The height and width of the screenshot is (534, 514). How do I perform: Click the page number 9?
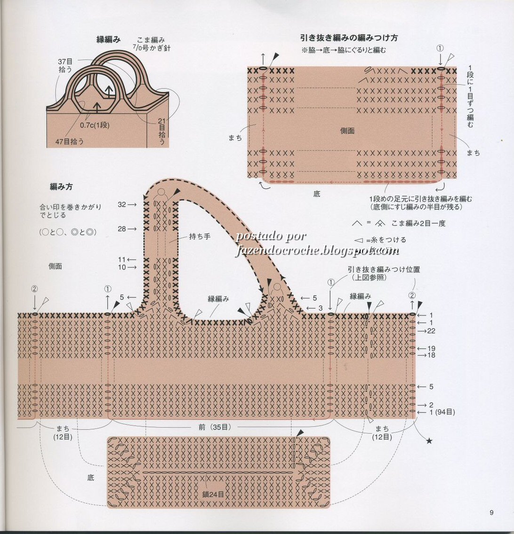(x=491, y=512)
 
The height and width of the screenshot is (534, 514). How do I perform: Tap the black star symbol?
(x=429, y=441)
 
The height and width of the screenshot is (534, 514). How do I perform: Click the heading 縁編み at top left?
(x=109, y=39)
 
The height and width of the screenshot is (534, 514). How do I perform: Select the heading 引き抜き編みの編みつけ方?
(x=349, y=38)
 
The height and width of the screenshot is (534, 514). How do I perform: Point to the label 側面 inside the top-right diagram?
(x=347, y=131)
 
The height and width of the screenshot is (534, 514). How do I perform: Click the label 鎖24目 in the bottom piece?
(x=213, y=495)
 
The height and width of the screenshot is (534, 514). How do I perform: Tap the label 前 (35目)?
(x=214, y=427)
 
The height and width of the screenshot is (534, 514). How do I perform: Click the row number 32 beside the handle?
(x=122, y=204)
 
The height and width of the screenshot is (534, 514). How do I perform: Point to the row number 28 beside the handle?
(x=122, y=228)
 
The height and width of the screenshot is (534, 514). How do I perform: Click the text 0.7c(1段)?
(x=95, y=125)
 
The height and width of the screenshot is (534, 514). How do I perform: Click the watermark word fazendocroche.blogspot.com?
(x=317, y=251)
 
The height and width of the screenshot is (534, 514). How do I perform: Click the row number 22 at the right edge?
(x=431, y=331)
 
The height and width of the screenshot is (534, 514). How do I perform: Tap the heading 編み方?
(x=61, y=187)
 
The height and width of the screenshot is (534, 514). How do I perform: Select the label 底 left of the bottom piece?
(x=90, y=478)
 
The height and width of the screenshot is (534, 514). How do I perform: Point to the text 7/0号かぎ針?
(x=151, y=48)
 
